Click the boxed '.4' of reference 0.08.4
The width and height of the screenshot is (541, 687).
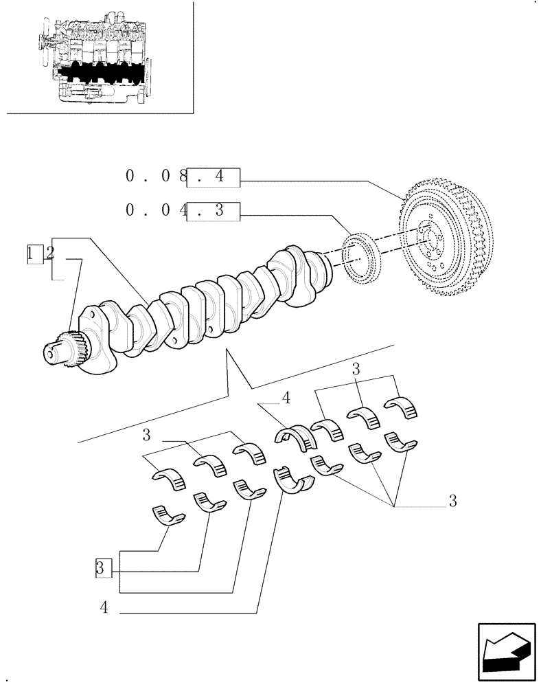tap(214, 177)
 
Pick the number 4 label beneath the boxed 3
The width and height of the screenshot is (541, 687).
tap(103, 608)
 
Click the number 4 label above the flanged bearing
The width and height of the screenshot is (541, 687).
tap(286, 398)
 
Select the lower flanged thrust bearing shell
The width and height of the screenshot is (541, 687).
tap(292, 479)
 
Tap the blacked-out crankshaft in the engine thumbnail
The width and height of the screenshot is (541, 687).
tap(103, 71)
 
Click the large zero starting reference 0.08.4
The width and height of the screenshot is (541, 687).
tap(130, 177)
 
